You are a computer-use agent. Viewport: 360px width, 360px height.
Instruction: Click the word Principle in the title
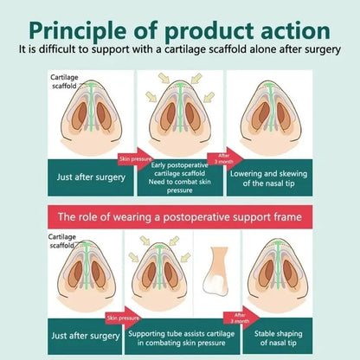click(x=77, y=30)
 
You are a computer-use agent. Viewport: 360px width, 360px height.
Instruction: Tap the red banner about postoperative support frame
click(x=180, y=216)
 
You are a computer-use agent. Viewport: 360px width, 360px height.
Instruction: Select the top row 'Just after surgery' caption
click(x=91, y=177)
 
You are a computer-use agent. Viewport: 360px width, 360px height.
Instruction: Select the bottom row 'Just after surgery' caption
click(x=86, y=336)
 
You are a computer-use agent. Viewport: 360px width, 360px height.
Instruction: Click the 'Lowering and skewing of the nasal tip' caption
click(x=268, y=178)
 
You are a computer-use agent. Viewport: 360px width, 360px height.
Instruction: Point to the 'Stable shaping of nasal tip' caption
click(x=279, y=338)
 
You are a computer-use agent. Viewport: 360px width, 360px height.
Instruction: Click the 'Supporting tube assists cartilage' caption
click(x=182, y=334)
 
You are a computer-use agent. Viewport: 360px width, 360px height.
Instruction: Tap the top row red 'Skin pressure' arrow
click(x=136, y=159)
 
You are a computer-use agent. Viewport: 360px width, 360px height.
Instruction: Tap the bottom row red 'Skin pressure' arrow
click(x=123, y=318)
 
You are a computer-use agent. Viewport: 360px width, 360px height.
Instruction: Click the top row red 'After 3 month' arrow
click(x=225, y=159)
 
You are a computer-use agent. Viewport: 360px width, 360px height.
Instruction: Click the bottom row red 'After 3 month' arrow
click(x=241, y=318)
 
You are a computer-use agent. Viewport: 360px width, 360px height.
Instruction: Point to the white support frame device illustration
click(x=217, y=272)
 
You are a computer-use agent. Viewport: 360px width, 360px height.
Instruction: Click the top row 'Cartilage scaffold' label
click(x=64, y=81)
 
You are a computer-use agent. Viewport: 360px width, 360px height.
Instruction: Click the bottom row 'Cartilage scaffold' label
click(x=62, y=241)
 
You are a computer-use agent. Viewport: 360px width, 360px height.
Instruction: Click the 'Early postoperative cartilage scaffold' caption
click(x=180, y=177)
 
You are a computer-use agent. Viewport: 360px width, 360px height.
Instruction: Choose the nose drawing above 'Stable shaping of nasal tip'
click(x=278, y=275)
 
